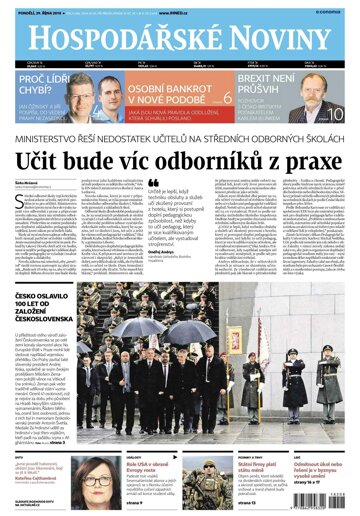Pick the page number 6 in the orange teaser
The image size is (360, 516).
pyautogui.click(x=227, y=99)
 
